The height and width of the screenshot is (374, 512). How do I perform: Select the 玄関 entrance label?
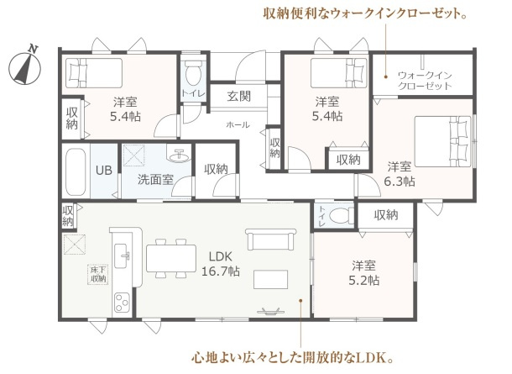click(x=238, y=97)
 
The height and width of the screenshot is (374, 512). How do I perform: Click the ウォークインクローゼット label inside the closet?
click(x=425, y=81)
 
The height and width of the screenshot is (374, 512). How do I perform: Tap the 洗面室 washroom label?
click(x=155, y=179)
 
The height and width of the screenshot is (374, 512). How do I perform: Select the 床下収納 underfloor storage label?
click(x=98, y=273)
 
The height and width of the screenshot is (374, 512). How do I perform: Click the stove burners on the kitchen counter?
click(x=122, y=300)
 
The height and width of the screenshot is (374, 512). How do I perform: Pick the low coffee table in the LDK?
click(x=271, y=279)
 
